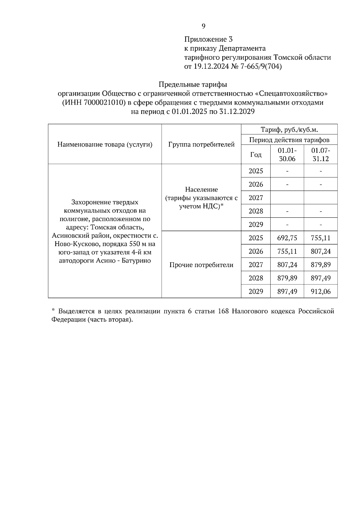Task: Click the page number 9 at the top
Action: [203, 26]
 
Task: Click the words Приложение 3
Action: [208, 39]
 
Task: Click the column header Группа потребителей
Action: [201, 144]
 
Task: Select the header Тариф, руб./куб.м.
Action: [289, 129]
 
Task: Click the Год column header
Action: [256, 155]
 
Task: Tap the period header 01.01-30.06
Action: [287, 154]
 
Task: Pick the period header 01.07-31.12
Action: [321, 154]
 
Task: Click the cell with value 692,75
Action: [287, 238]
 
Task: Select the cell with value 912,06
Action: [321, 291]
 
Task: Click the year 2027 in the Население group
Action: [256, 198]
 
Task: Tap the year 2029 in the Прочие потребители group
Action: [256, 291]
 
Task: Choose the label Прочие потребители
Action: [201, 265]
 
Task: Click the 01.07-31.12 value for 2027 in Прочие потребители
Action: [321, 265]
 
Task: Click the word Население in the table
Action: [201, 189]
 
